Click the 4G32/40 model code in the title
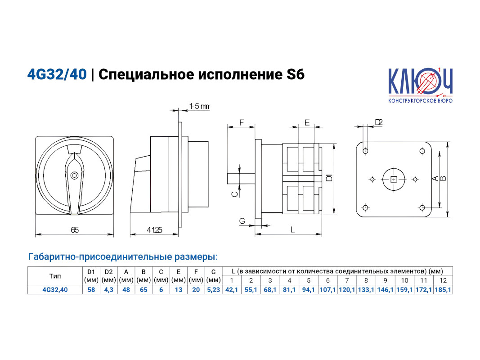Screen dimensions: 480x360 (57, 74)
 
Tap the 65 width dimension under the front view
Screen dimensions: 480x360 (75, 229)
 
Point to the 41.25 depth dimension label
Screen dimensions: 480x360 (154, 229)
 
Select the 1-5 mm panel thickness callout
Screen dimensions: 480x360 (200, 106)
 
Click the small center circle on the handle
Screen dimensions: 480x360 (74, 175)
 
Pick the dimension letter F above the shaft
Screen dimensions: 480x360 (242, 123)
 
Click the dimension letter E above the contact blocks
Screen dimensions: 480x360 (307, 123)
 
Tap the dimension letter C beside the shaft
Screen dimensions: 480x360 (234, 194)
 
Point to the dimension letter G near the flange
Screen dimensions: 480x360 (242, 220)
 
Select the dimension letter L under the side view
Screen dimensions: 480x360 (293, 229)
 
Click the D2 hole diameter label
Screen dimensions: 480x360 (379, 122)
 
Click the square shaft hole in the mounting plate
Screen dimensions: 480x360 (394, 180)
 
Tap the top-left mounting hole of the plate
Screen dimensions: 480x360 (365, 151)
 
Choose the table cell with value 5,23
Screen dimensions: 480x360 (213, 290)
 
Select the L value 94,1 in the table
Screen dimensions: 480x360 (308, 290)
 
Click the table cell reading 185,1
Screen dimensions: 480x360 (443, 290)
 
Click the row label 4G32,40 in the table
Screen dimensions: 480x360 (55, 290)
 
